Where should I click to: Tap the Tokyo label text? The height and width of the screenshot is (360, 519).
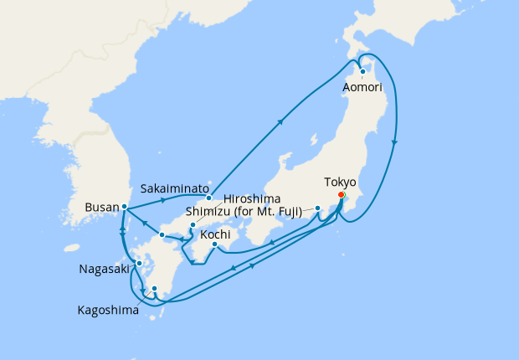pyautogui.click(x=340, y=182)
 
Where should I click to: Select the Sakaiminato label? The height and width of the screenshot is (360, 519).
pyautogui.click(x=174, y=189)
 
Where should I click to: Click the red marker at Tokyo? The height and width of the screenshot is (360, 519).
pyautogui.click(x=341, y=196)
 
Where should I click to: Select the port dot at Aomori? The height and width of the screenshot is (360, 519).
pyautogui.click(x=362, y=71)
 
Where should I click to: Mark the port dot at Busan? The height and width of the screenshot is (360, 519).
pyautogui.click(x=124, y=206)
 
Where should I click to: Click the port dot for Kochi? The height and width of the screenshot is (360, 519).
pyautogui.click(x=215, y=244)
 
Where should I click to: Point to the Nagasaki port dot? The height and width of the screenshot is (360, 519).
pyautogui.click(x=139, y=264)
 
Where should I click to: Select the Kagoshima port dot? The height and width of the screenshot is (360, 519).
pyautogui.click(x=154, y=290)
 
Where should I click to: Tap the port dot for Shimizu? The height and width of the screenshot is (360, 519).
pyautogui.click(x=318, y=208)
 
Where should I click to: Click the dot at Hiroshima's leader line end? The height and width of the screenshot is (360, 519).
pyautogui.click(x=193, y=225)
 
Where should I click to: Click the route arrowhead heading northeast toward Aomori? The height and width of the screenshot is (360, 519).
pyautogui.click(x=280, y=121)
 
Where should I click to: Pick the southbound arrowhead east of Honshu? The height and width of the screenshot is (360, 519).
pyautogui.click(x=394, y=141)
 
